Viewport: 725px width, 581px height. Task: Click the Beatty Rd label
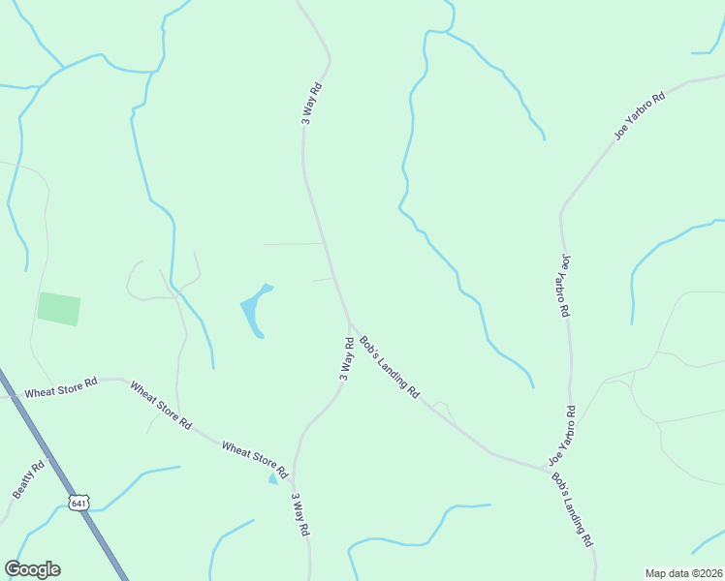(29, 479)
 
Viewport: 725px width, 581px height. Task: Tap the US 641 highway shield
(79, 503)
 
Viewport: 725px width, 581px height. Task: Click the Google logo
(32, 569)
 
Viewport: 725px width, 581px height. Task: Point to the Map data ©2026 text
(683, 573)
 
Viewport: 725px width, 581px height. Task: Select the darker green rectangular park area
(59, 308)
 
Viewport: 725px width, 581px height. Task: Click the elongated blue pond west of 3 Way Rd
(254, 310)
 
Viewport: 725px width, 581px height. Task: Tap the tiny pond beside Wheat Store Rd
(273, 478)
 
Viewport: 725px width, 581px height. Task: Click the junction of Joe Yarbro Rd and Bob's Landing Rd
(546, 470)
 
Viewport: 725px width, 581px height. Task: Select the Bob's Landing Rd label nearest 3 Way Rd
(390, 367)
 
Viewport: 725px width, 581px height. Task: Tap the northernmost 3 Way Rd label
(311, 103)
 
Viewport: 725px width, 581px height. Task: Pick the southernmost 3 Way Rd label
(301, 515)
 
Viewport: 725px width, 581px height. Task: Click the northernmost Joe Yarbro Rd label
(640, 116)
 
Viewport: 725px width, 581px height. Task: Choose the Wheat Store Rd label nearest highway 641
(62, 390)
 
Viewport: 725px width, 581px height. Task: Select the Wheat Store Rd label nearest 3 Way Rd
(255, 461)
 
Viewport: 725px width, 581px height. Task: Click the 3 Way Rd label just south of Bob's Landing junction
(346, 358)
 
